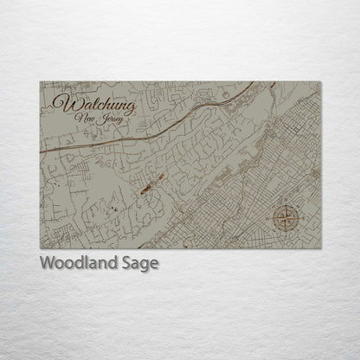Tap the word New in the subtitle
pyautogui.click(x=87, y=119)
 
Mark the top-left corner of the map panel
pyautogui.click(x=40, y=82)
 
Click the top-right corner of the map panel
pyautogui.click(x=322, y=82)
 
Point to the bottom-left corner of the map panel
pyautogui.click(x=40, y=249)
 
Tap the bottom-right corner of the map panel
pyautogui.click(x=322, y=249)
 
